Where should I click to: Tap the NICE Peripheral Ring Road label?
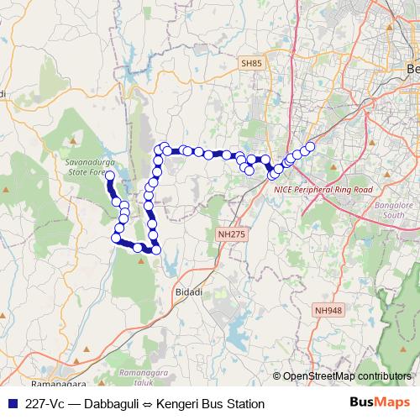(x=323, y=190)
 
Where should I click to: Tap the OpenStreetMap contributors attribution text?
(x=346, y=375)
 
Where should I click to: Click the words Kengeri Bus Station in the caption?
(x=211, y=404)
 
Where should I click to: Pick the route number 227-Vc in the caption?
(x=45, y=404)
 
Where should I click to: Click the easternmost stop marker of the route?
(x=310, y=147)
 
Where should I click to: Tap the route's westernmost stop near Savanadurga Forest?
(x=110, y=175)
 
